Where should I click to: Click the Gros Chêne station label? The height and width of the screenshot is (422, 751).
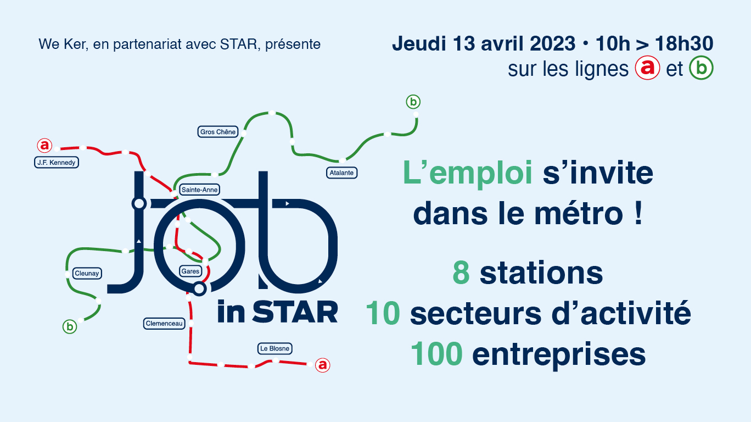coord(218,132)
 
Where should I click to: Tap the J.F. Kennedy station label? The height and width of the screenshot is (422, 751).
coord(57,162)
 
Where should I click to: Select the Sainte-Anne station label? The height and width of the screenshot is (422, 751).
coord(199,190)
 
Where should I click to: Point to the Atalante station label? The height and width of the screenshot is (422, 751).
coord(341,173)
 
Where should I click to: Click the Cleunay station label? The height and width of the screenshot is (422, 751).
coord(87,274)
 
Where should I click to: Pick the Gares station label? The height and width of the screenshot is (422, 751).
coord(190,271)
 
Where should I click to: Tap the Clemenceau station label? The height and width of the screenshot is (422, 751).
coord(164,324)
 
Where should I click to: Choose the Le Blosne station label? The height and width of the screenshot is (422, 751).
coord(274,348)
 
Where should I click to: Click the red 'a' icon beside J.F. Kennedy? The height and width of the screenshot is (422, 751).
coord(44,146)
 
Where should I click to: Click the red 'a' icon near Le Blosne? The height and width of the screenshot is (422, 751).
coord(323,365)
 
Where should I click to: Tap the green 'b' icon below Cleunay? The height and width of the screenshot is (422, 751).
coord(70,327)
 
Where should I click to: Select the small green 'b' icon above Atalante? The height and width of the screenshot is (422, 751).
coord(413,102)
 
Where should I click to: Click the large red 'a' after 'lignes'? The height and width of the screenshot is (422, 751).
coord(647,68)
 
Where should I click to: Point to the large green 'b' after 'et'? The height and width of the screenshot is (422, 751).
coord(701,68)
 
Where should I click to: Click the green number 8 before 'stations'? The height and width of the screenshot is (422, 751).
coord(461,273)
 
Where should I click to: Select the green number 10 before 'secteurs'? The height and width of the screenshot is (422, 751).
coord(383,313)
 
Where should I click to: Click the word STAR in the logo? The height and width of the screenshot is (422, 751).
coord(295,312)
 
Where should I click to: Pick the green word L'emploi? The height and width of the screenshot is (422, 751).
coord(467,173)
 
